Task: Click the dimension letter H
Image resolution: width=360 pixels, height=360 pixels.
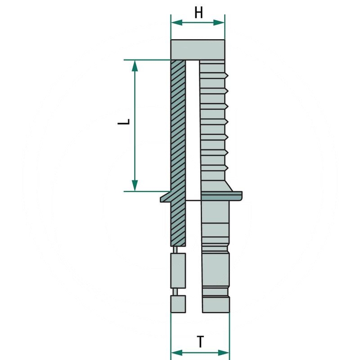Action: pos(198,13)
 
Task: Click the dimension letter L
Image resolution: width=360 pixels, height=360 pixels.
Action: pos(124,122)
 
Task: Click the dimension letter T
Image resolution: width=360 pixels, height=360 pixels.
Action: pos(200,342)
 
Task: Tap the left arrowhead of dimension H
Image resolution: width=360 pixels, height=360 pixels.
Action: pos(177,22)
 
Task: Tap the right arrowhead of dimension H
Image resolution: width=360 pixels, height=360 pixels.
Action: pos(219,22)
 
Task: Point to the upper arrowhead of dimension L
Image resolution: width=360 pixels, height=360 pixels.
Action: pos(135,66)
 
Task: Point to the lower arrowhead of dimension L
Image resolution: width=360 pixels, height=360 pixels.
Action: pos(135,185)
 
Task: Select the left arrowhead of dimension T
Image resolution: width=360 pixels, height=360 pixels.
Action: pos(177,353)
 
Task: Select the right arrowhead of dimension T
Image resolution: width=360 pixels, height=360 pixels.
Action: pos(224,353)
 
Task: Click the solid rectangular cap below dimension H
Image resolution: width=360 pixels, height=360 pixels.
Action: pos(198,49)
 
